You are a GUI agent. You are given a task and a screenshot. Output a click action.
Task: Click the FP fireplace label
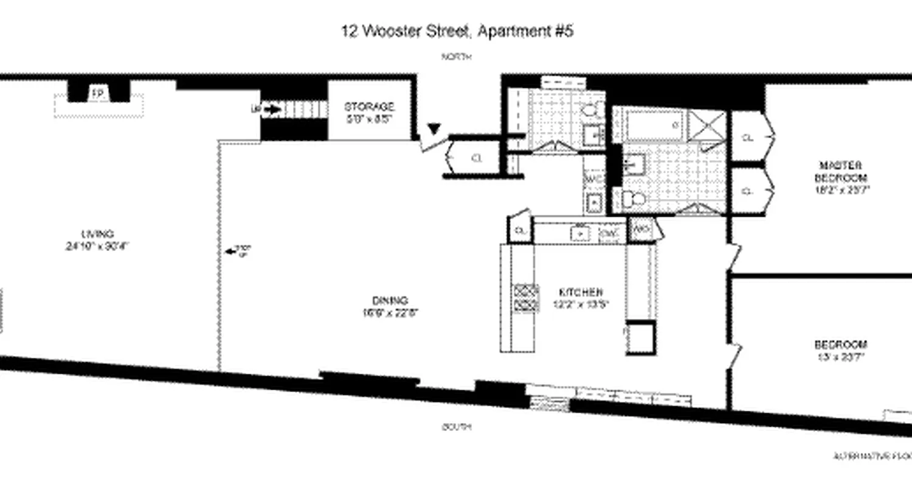(x=97, y=93)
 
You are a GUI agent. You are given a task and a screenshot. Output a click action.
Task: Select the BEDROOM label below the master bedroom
(x=841, y=344)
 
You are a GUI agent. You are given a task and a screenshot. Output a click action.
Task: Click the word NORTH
(x=457, y=57)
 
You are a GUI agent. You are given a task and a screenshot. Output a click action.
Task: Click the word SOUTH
(x=457, y=427)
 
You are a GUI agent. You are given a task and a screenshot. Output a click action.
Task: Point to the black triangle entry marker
(x=433, y=128)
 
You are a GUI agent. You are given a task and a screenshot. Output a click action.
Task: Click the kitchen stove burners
(x=527, y=298)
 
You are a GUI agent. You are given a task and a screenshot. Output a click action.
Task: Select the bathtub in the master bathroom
(x=648, y=124)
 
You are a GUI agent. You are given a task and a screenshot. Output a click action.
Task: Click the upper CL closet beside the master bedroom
(x=748, y=138)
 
